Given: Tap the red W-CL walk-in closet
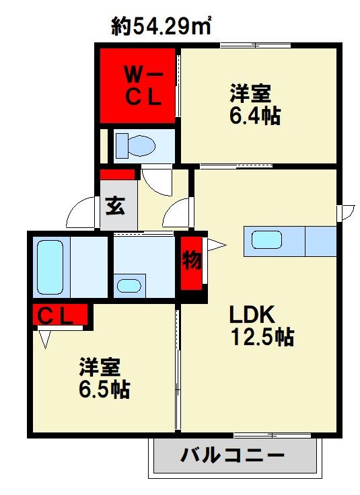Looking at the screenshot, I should coord(138,85).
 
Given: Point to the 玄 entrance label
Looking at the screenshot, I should coord(115,206).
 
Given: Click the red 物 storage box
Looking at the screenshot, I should coord(192,261).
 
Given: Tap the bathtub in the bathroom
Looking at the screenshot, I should coord(51,268).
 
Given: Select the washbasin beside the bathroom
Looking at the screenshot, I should coord(129,285).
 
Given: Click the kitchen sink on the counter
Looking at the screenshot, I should coord(268,240).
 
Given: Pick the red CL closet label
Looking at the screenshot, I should coord(61,314).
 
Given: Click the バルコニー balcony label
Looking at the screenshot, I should coord(232,456).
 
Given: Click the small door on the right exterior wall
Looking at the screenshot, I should coord(347,212).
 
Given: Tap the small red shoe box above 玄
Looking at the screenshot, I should coord(118,175).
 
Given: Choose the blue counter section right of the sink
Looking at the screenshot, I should coord(320,241).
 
